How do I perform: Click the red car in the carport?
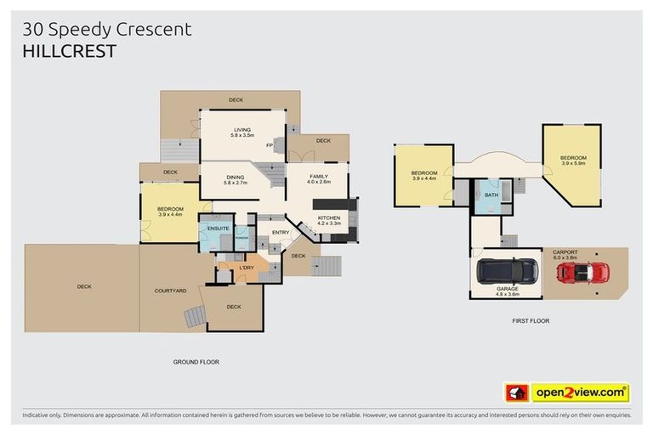coord(583,272)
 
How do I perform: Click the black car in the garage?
coord(508,270)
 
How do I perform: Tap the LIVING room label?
coord(243,130)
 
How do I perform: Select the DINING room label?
coord(235,177)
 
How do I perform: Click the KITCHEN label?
coord(329,218)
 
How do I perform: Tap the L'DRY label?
coord(247,268)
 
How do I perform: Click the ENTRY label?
coord(281,232)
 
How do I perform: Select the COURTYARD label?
coord(170,291)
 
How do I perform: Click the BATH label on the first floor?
coord(491,195)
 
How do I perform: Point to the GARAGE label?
coord(508,289)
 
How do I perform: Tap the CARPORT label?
coord(565,252)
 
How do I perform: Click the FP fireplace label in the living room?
coord(269,145)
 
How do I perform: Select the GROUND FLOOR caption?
coord(196,362)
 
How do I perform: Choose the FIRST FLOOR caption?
coord(531,321)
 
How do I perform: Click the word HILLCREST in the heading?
coord(69,51)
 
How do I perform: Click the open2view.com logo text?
coord(580,393)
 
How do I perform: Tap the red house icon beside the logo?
coord(516,393)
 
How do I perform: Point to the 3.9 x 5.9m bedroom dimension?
coord(573,164)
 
